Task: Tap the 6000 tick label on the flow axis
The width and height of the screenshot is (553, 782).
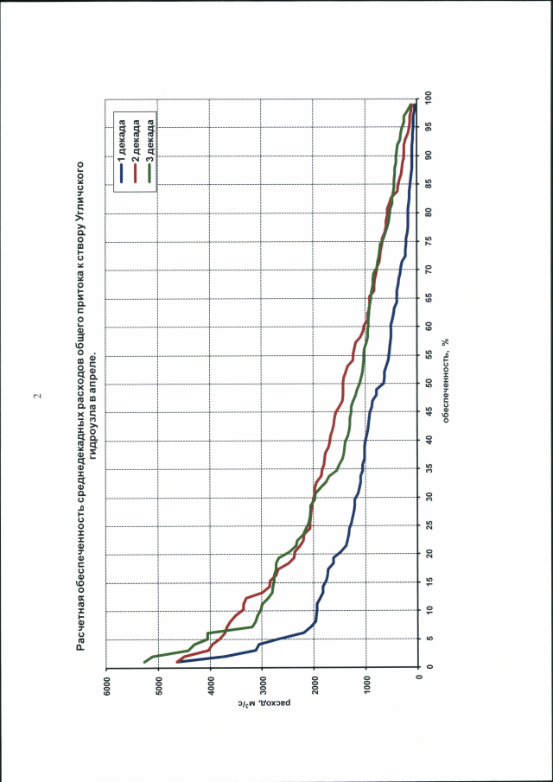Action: [107, 683]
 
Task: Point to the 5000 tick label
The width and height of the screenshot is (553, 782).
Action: [159, 683]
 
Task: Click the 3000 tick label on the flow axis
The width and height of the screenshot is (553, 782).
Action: [263, 683]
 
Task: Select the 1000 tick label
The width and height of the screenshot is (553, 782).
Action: [366, 683]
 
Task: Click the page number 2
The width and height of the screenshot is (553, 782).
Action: [37, 396]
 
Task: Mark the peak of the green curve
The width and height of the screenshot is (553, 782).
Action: [144, 663]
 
